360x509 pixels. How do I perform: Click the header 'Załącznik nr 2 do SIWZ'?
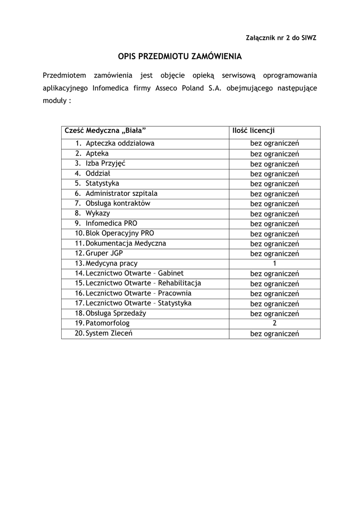point(281,38)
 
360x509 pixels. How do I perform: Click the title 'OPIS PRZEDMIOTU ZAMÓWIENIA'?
point(180,57)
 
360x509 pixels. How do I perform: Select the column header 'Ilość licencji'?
point(254,131)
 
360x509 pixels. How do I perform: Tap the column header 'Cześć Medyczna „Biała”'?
point(105,131)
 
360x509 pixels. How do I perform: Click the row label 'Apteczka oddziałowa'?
point(120,144)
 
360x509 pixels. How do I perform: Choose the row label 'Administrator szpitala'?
point(121,193)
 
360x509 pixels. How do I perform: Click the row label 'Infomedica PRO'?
point(111,223)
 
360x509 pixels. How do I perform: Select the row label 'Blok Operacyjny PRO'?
point(120,233)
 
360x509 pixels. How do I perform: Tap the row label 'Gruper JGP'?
point(104,253)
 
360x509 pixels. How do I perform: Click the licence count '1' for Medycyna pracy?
point(274,263)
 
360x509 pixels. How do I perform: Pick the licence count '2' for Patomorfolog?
point(274,323)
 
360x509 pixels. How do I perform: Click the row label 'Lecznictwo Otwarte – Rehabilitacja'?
point(143,283)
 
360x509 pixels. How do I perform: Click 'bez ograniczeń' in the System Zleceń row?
point(274,334)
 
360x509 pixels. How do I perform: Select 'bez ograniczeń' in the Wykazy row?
point(274,214)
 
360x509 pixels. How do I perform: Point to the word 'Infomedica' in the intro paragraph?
point(110,88)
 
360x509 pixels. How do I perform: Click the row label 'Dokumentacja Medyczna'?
point(126,244)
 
